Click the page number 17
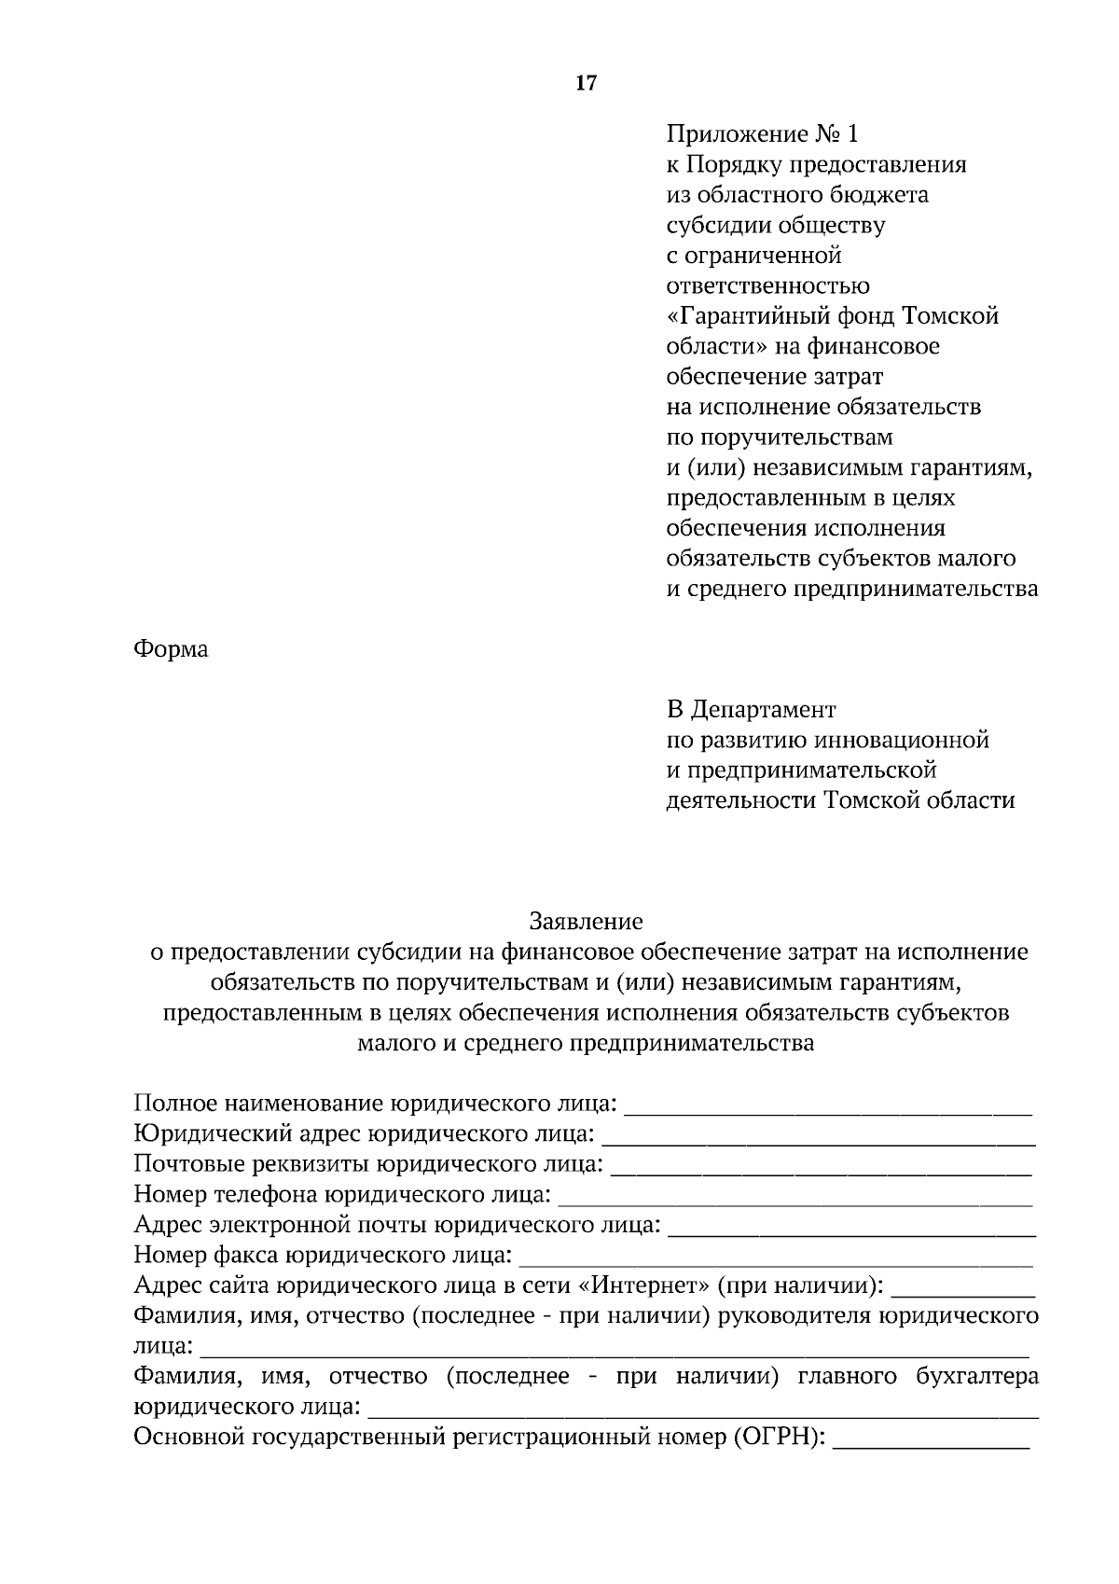point(586,83)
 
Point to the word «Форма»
point(171,649)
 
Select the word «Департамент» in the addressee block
point(764,710)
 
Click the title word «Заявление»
point(586,922)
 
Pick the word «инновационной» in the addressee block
point(902,741)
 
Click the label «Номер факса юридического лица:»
point(323,1256)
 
